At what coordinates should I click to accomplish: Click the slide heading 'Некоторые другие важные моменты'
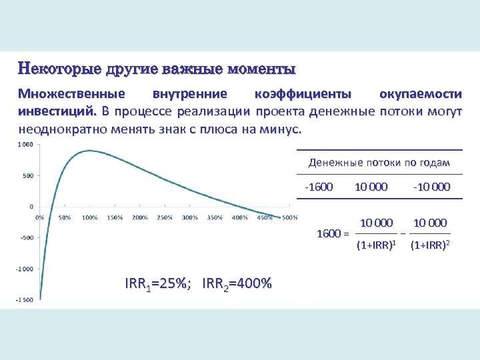[157, 69]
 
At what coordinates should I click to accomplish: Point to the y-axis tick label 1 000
[25, 145]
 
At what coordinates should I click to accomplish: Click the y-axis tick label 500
[27, 176]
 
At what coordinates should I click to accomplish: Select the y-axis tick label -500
[26, 237]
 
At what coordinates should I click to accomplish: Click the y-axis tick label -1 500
[25, 300]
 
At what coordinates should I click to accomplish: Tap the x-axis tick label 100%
[89, 217]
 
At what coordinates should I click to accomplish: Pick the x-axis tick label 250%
[165, 217]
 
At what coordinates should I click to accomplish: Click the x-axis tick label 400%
[240, 217]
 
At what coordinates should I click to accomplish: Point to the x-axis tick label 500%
[290, 217]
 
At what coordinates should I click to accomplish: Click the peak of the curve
[89, 151]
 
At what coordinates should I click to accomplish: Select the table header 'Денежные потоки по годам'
[379, 163]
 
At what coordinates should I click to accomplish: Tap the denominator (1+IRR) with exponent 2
[430, 245]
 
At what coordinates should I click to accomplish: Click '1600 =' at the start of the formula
[333, 234]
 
